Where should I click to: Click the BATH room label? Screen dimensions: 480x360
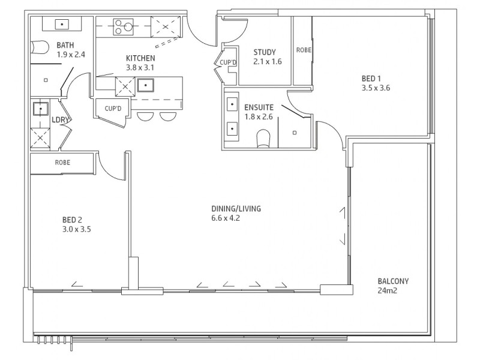65,46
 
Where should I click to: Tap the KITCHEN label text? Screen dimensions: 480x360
140,58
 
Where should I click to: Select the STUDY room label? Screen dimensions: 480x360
265,52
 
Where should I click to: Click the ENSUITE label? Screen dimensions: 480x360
259,107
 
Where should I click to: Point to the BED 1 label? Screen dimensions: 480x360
371,79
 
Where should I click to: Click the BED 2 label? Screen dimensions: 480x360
72,220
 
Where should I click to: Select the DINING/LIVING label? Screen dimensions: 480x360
236,209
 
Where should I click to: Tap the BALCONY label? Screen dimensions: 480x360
393,281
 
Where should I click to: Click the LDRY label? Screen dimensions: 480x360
60,119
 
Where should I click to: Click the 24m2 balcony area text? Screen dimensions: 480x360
387,290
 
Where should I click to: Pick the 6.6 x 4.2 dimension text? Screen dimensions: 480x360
226,218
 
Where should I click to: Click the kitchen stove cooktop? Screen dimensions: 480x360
124,26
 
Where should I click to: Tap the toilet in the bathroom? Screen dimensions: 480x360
40,47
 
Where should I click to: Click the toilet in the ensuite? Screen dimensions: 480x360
263,138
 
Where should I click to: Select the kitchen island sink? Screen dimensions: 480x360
146,85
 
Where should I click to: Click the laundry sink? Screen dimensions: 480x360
40,109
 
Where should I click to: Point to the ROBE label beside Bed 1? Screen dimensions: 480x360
304,50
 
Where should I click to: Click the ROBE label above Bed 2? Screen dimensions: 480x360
62,163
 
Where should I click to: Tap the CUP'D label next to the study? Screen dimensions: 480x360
228,62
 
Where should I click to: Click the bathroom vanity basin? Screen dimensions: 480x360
62,24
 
